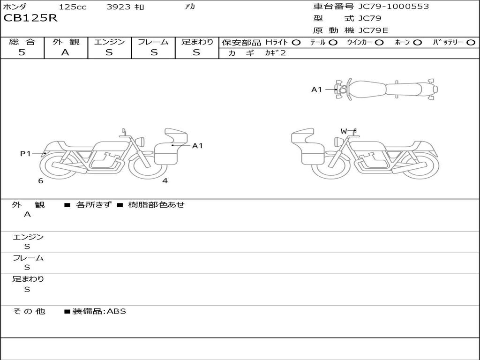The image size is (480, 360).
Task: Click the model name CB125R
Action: click(x=30, y=19)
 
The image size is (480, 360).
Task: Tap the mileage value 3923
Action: click(x=118, y=7)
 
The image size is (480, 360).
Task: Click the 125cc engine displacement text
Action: click(x=73, y=7)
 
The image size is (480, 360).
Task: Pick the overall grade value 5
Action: click(x=22, y=52)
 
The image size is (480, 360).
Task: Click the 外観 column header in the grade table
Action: click(x=66, y=42)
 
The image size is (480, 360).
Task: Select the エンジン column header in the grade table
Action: click(x=110, y=42)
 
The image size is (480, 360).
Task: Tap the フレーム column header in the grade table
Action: click(x=153, y=42)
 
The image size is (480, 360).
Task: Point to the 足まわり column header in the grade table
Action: click(x=197, y=42)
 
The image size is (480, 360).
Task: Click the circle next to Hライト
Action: click(x=296, y=43)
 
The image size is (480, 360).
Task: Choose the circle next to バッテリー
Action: click(x=471, y=43)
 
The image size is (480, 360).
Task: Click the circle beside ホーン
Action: click(x=418, y=43)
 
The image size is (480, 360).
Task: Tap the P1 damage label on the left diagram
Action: click(x=25, y=153)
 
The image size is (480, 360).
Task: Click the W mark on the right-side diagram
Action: click(x=344, y=131)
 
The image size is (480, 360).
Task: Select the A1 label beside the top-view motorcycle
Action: click(x=317, y=90)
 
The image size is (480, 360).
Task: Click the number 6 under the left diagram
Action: click(x=41, y=181)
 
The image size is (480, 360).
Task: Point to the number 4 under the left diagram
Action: click(x=165, y=181)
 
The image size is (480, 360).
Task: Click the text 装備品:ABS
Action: click(x=99, y=311)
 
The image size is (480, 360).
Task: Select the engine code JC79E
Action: click(x=373, y=30)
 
